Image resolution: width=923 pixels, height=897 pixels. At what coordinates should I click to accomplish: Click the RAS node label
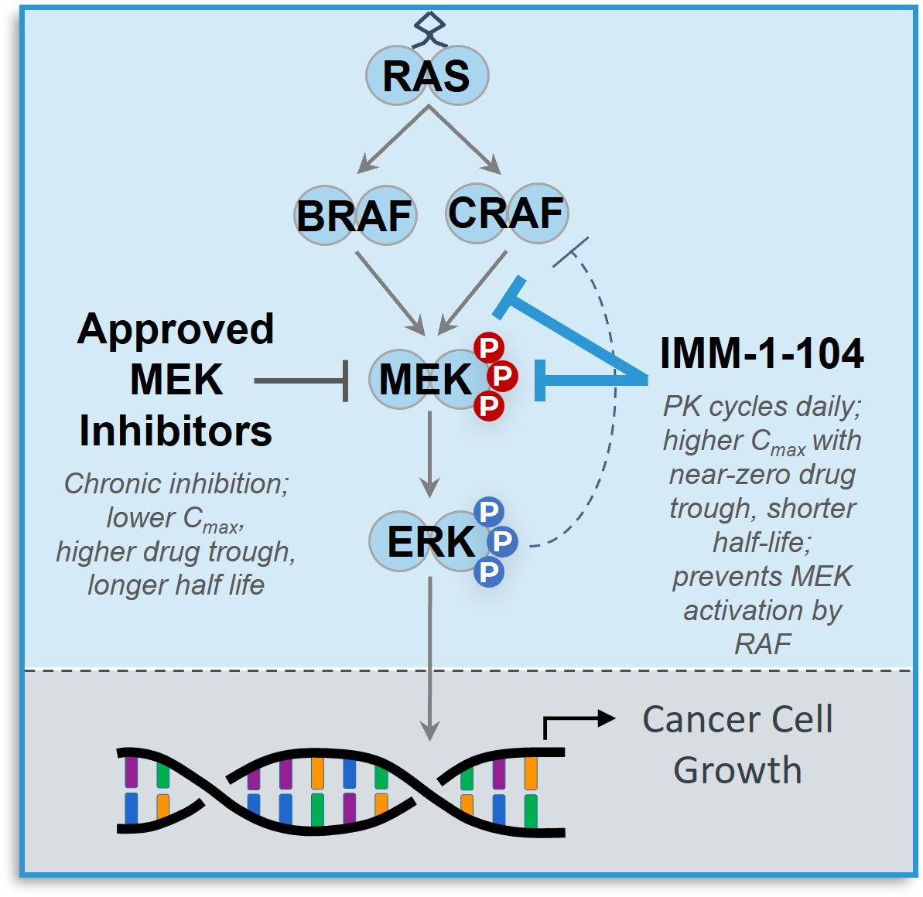426,76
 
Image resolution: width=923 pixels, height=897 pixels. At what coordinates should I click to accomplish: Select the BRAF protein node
354,216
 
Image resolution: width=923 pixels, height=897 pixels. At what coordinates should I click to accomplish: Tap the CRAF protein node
506,213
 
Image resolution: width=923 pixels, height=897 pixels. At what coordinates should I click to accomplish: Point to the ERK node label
429,541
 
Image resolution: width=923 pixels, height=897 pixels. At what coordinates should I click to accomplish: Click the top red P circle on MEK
489,348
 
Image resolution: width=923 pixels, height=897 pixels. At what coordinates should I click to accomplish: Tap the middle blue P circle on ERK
501,541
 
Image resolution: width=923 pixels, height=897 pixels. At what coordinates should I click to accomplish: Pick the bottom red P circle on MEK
489,405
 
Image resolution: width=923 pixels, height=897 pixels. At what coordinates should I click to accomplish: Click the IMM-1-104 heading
761,353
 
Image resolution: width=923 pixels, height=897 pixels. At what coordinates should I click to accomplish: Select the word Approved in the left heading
176,329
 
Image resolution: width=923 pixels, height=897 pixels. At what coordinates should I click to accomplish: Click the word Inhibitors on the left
176,431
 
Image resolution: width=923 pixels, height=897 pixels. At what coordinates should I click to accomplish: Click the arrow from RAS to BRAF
392,141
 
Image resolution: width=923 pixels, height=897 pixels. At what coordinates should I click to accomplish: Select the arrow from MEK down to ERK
429,456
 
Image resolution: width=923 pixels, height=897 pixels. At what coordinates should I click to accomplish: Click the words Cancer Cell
737,719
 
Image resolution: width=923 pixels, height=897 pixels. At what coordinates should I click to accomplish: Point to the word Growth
737,770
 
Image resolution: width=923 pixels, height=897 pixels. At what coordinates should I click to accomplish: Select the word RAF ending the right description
762,643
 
